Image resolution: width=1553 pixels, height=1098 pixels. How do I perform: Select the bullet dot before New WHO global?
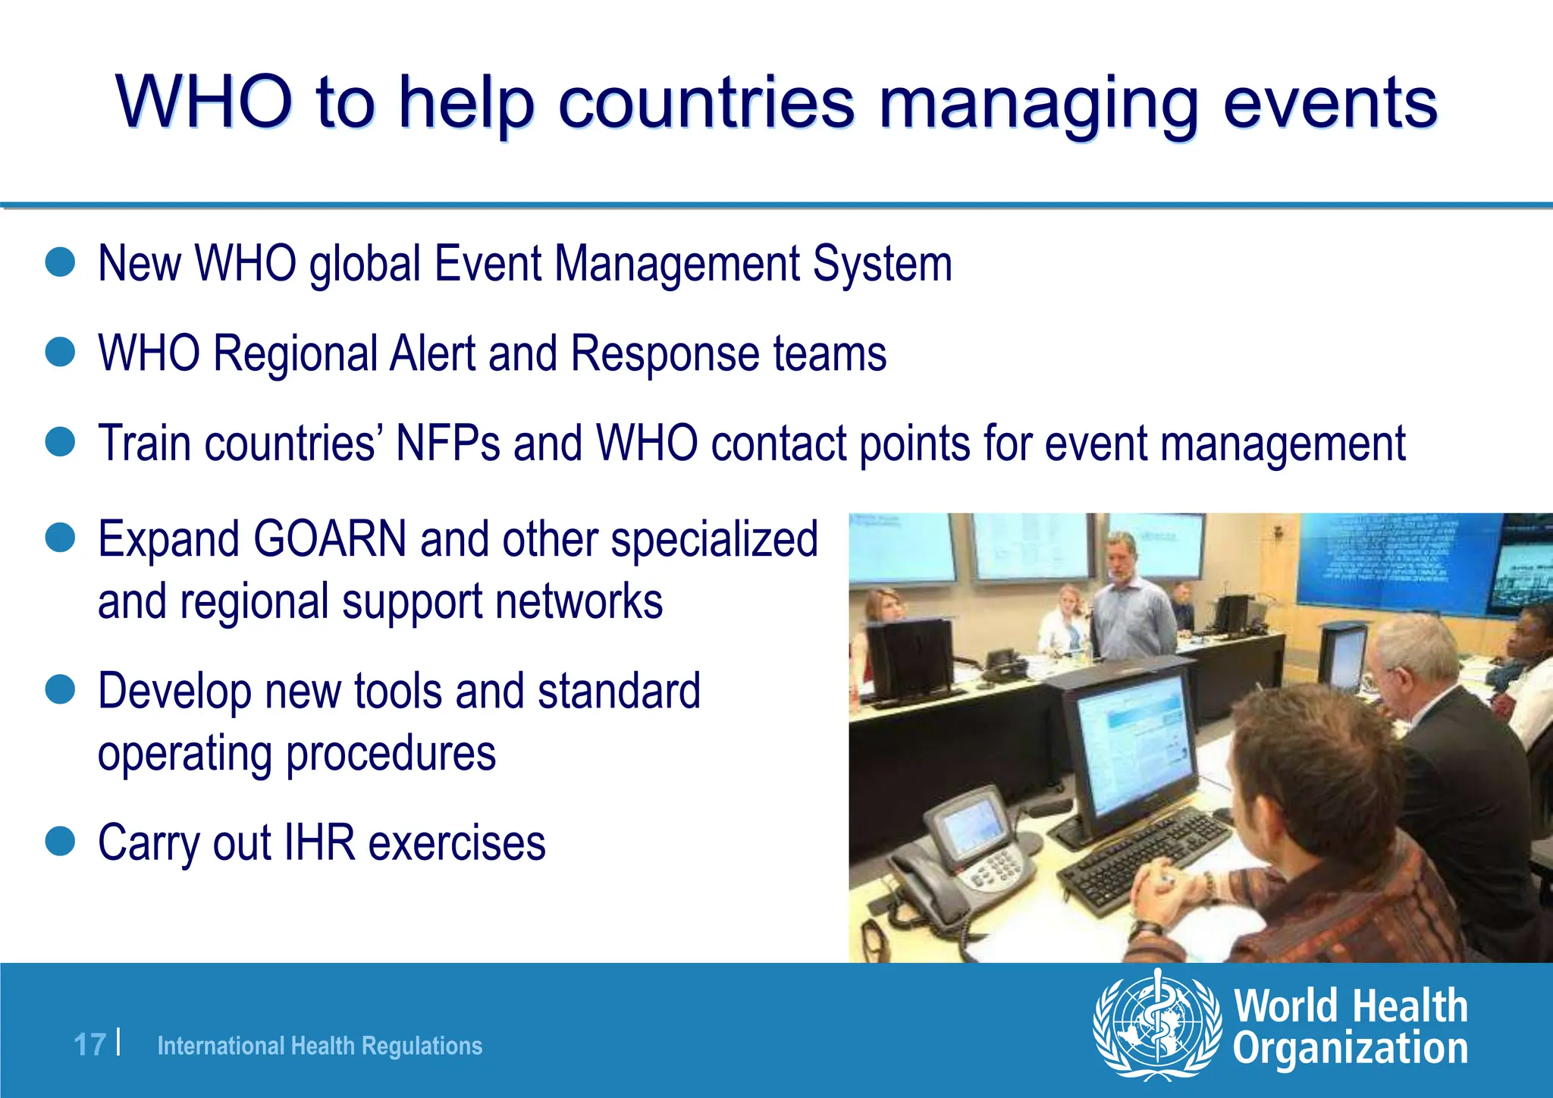(x=60, y=262)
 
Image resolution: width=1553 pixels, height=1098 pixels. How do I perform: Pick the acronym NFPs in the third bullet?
(x=447, y=444)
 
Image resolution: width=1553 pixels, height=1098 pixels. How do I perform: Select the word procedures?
(x=391, y=754)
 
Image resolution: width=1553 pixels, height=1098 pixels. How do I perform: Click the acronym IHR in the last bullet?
(x=318, y=843)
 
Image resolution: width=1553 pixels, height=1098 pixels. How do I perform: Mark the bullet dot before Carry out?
(x=60, y=842)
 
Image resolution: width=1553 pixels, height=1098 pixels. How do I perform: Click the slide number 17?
(x=89, y=1045)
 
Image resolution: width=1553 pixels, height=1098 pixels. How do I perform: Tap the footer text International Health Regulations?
(x=319, y=1046)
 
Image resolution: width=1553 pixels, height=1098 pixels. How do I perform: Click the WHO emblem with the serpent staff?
(x=1156, y=1024)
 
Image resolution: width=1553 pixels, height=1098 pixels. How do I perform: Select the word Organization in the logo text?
(x=1350, y=1049)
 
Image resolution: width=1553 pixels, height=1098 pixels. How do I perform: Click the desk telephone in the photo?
(x=948, y=857)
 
